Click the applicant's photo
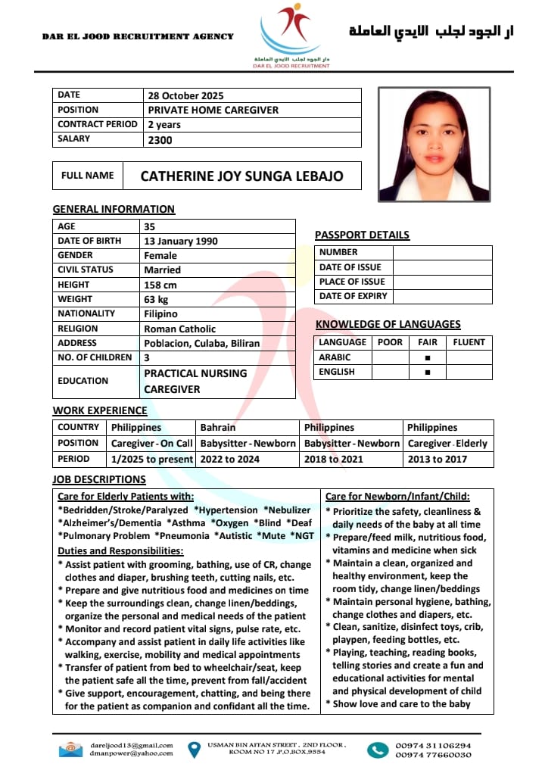click(434, 144)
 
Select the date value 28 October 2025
click(185, 95)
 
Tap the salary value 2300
click(160, 139)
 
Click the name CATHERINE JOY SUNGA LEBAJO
click(241, 176)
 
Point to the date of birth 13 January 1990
click(180, 241)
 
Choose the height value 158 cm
click(160, 285)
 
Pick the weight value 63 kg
click(156, 299)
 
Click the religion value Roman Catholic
click(179, 329)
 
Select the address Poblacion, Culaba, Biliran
click(201, 343)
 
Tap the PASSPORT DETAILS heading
click(362, 235)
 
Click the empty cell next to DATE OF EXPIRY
click(442, 296)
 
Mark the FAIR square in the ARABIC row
click(428, 357)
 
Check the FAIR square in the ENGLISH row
click(428, 372)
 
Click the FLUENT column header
click(469, 342)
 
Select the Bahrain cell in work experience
click(218, 427)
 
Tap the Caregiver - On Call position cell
click(152, 443)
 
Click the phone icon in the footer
click(377, 750)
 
